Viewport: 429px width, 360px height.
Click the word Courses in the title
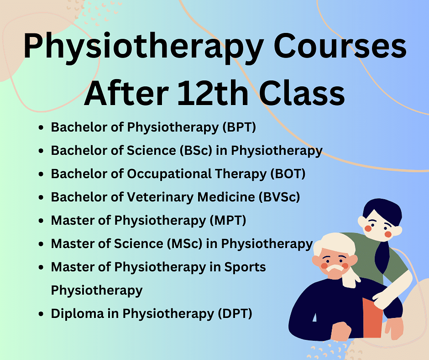(340, 46)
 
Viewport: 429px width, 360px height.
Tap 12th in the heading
(213, 93)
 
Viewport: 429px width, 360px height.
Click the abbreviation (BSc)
(196, 151)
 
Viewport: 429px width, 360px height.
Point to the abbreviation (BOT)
(288, 174)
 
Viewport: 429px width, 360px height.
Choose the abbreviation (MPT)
(228, 221)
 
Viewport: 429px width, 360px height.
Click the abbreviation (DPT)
(235, 314)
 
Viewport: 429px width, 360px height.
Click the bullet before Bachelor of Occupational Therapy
(41, 174)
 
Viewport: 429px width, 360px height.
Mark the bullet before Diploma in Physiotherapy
(41, 314)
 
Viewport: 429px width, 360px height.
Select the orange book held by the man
(372, 318)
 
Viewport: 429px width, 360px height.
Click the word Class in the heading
(302, 93)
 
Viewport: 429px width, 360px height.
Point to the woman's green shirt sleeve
(398, 264)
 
